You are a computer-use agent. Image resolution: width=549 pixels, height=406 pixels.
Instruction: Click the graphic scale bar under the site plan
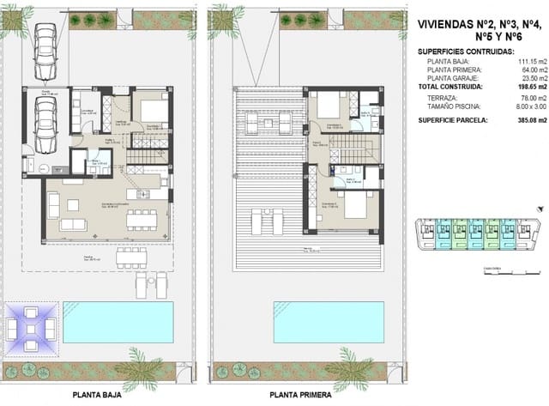492,272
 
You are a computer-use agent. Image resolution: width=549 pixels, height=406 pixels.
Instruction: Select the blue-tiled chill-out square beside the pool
32,327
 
